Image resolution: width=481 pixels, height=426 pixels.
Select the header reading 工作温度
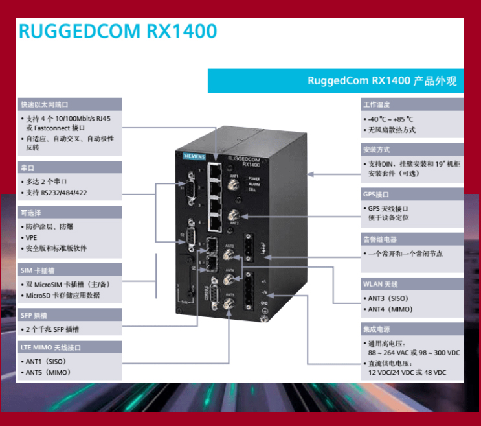(376, 105)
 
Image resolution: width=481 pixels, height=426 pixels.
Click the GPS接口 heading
(376, 194)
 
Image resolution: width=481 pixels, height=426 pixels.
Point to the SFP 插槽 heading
(36, 315)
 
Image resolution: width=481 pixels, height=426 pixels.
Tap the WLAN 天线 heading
(380, 284)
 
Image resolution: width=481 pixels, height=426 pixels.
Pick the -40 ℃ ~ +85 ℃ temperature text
(391, 119)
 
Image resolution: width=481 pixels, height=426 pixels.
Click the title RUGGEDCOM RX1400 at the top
(117, 32)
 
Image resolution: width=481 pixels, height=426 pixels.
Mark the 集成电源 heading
(376, 329)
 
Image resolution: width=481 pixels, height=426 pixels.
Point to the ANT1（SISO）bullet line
(46, 361)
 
